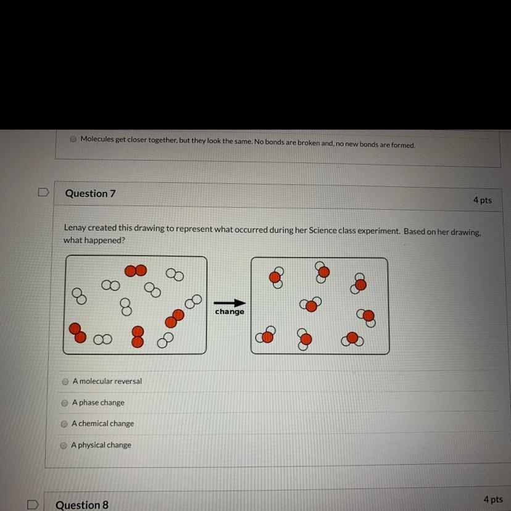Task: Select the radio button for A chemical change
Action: pyautogui.click(x=64, y=424)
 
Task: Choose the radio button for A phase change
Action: pyautogui.click(x=64, y=403)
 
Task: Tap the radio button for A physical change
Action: pyautogui.click(x=64, y=445)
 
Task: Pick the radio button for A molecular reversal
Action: pyautogui.click(x=65, y=382)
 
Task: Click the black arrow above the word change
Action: pyautogui.click(x=230, y=303)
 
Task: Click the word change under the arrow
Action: pyautogui.click(x=230, y=312)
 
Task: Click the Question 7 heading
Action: pyautogui.click(x=90, y=193)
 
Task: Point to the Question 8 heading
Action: pyautogui.click(x=81, y=505)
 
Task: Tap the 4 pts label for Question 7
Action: pyautogui.click(x=483, y=200)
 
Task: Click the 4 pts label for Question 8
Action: pyautogui.click(x=493, y=499)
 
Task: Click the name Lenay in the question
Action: pyautogui.click(x=76, y=228)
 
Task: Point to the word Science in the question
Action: pyautogui.click(x=325, y=230)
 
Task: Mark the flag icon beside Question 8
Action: pyautogui.click(x=33, y=504)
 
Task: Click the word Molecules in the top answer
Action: pyautogui.click(x=97, y=139)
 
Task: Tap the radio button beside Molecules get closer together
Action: pyautogui.click(x=73, y=139)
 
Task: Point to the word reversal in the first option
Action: pyautogui.click(x=127, y=381)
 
